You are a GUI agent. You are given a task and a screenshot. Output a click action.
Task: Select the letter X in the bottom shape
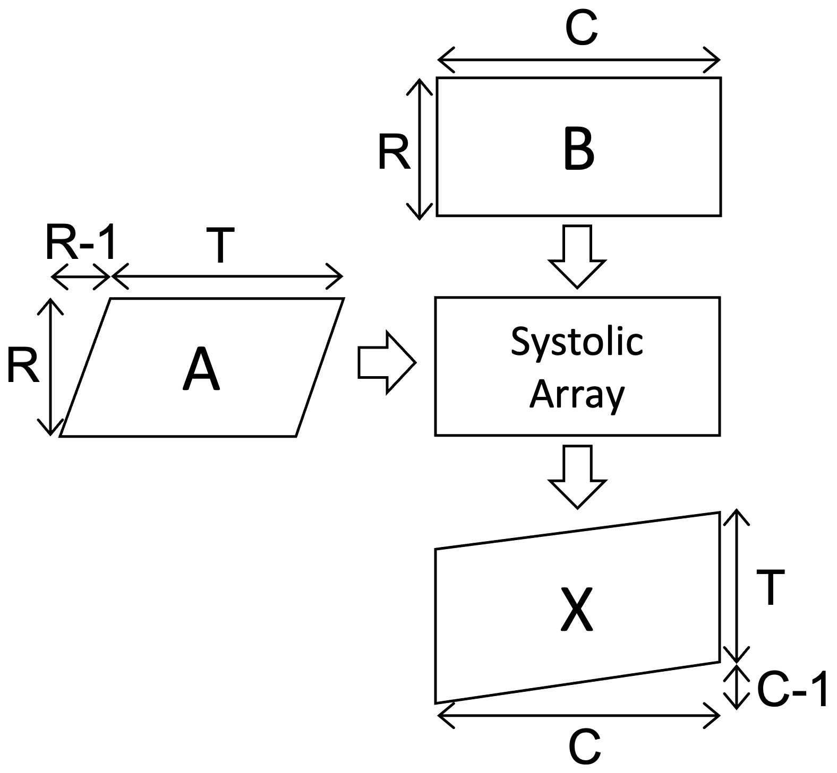pos(577,610)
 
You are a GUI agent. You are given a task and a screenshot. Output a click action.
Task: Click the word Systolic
pos(577,342)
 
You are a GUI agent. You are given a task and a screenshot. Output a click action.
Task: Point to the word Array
pos(577,395)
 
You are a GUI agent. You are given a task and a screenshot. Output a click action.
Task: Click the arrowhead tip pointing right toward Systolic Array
pos(412,363)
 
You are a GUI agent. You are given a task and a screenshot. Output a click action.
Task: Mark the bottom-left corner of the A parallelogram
pos(63,435)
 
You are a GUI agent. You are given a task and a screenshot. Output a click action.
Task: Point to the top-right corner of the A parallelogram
pos(340,301)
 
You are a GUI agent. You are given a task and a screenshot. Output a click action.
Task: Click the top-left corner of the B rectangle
pos(439,80)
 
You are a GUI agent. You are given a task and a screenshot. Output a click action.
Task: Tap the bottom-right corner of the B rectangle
pos(718,213)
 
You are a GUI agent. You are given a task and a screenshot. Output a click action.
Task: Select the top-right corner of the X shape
pos(718,515)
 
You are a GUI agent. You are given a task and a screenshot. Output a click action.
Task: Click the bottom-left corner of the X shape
pos(438,700)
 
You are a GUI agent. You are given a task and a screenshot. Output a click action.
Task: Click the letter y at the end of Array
pos(614,399)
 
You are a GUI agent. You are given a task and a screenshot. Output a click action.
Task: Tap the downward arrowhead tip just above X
pos(577,505)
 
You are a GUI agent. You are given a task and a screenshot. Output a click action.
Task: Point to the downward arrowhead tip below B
pos(577,285)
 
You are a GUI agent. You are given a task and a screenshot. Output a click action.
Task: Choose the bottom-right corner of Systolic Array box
pos(718,433)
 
